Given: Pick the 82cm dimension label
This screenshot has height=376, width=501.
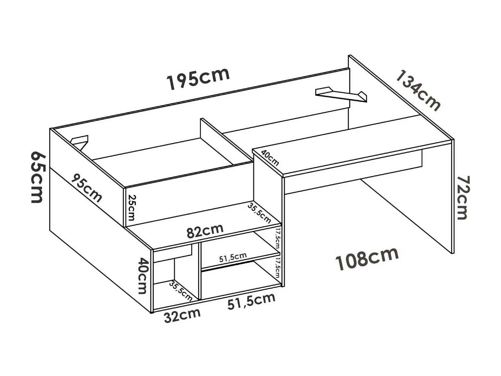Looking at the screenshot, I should click(x=205, y=231).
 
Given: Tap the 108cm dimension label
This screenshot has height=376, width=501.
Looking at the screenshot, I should click(x=367, y=259).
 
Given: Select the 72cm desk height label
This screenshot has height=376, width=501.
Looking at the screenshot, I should click(x=462, y=198).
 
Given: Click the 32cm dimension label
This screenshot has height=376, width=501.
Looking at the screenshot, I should click(x=182, y=315).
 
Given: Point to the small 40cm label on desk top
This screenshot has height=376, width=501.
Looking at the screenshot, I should click(x=270, y=158).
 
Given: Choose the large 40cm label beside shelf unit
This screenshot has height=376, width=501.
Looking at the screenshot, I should click(x=143, y=275).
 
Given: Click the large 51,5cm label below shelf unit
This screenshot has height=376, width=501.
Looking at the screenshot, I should click(x=251, y=301).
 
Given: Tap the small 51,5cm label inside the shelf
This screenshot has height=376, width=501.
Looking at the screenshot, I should click(x=233, y=257).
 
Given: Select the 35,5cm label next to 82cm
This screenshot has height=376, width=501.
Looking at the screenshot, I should click(x=259, y=213).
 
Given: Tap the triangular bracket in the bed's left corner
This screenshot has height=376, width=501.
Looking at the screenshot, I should click(x=80, y=141).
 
